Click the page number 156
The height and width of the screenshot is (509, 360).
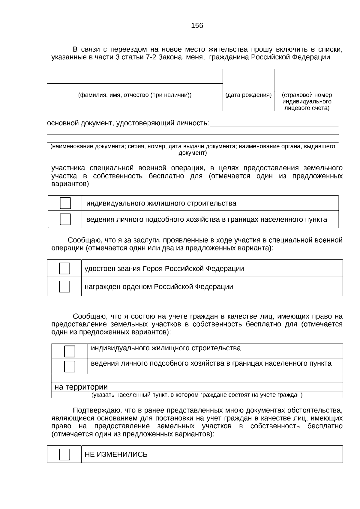[x=197, y=26]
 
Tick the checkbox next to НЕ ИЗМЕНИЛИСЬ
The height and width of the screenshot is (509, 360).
[x=64, y=454]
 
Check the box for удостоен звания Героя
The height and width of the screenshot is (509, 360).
[x=64, y=268]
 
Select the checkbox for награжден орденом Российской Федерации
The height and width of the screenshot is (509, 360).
[x=64, y=286]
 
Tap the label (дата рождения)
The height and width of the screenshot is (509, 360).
[x=248, y=95]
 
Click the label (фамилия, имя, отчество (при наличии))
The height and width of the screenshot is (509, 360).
[x=135, y=95]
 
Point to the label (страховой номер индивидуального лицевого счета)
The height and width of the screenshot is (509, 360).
[x=307, y=101]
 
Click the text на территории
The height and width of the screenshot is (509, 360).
[x=81, y=387]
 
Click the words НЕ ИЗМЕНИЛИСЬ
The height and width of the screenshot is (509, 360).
[x=116, y=454]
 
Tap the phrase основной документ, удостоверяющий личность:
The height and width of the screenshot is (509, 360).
[x=128, y=123]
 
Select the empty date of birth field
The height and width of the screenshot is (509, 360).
[x=248, y=79]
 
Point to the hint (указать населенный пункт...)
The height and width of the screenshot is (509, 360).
[x=197, y=395]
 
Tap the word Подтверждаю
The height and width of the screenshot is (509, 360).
[x=94, y=410]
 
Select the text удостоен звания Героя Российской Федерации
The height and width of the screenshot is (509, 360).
[x=164, y=268]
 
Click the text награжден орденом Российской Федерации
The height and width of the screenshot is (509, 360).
[x=159, y=286]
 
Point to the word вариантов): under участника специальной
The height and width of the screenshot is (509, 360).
[x=71, y=184]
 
